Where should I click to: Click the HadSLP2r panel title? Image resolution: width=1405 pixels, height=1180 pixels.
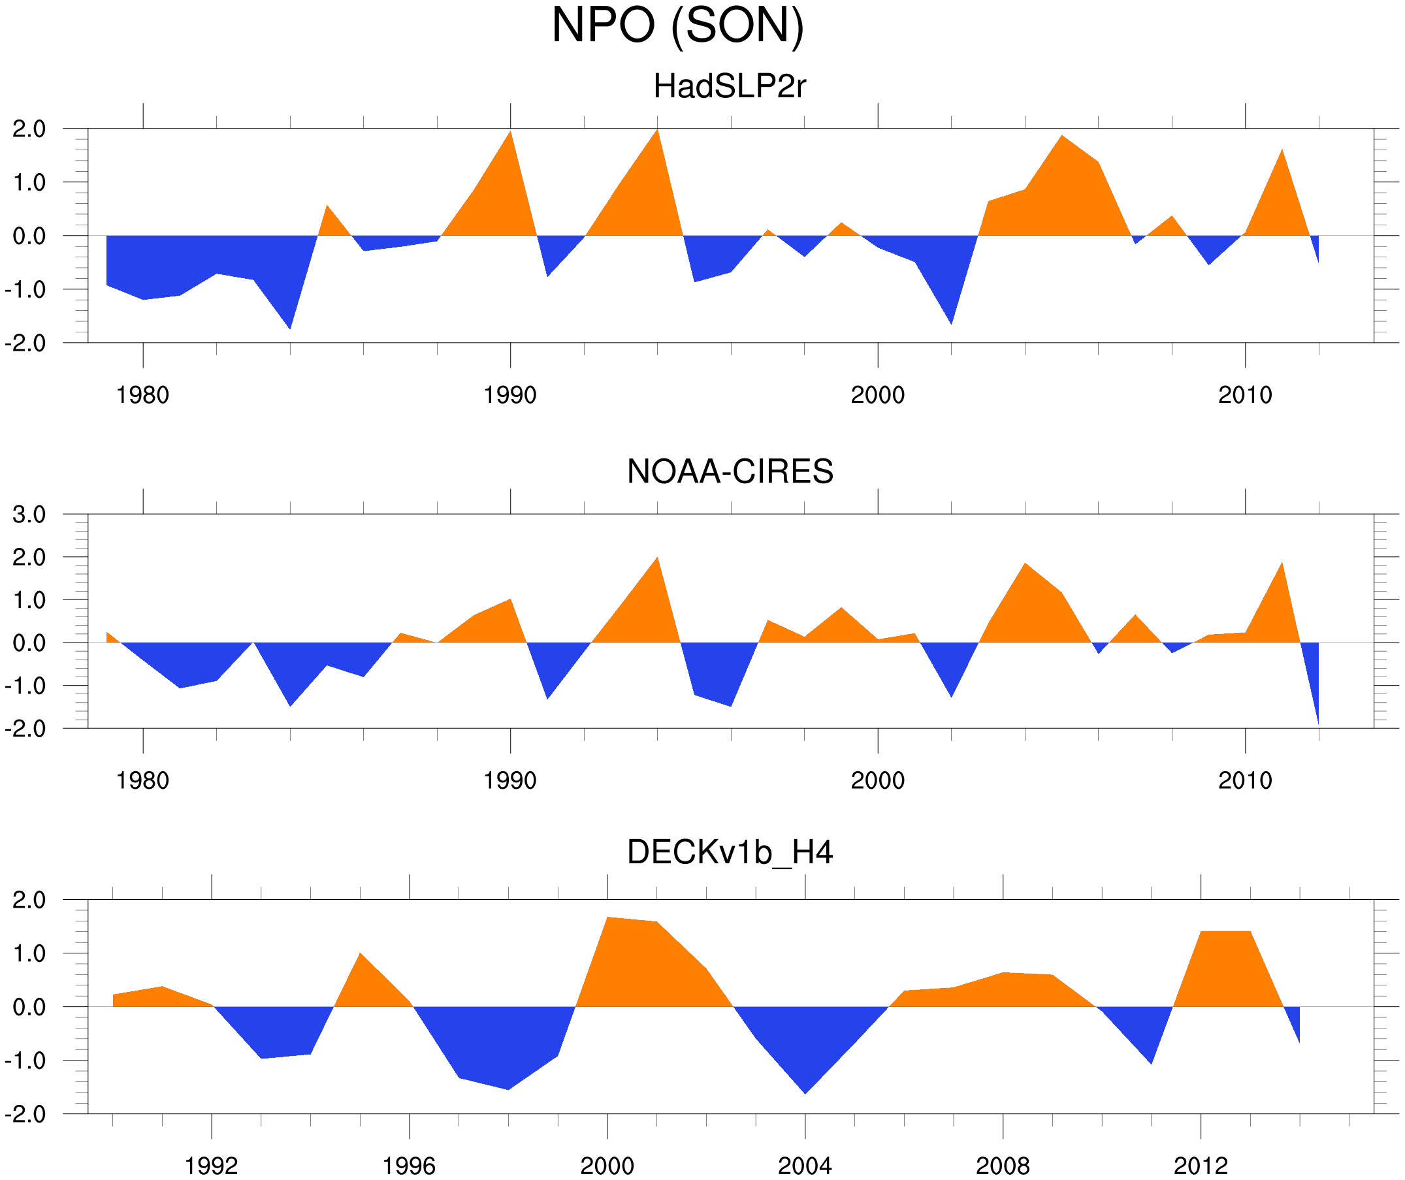point(730,86)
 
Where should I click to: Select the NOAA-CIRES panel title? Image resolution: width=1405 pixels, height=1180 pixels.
point(730,471)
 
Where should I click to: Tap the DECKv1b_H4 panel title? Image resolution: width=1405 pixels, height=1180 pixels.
point(730,852)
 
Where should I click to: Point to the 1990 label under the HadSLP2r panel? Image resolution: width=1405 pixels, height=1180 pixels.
point(510,395)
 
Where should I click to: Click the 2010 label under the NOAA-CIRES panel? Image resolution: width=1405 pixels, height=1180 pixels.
point(1244,780)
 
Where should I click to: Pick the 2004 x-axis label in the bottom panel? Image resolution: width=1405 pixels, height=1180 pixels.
point(804,1166)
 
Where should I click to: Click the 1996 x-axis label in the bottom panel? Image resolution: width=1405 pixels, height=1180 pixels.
point(409,1166)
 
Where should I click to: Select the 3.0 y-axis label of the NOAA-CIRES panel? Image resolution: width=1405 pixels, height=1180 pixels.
point(29,515)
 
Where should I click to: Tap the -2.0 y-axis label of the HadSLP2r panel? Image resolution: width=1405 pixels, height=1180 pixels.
point(25,344)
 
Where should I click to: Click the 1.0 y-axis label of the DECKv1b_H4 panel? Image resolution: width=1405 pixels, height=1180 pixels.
point(29,954)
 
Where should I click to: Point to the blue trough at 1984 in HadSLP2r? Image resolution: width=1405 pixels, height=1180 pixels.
point(290,325)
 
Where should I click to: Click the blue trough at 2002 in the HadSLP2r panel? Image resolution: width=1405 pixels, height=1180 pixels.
point(951,320)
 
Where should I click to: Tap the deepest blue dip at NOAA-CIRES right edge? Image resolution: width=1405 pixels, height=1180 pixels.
point(1317,719)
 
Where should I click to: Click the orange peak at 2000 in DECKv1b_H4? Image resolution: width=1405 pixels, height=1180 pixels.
point(607,922)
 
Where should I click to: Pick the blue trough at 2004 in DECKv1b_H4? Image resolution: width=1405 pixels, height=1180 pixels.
point(805,1089)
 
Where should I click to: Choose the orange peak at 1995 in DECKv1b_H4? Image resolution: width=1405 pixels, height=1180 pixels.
point(360,957)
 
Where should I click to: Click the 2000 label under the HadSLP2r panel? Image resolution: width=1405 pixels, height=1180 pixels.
point(877,395)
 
